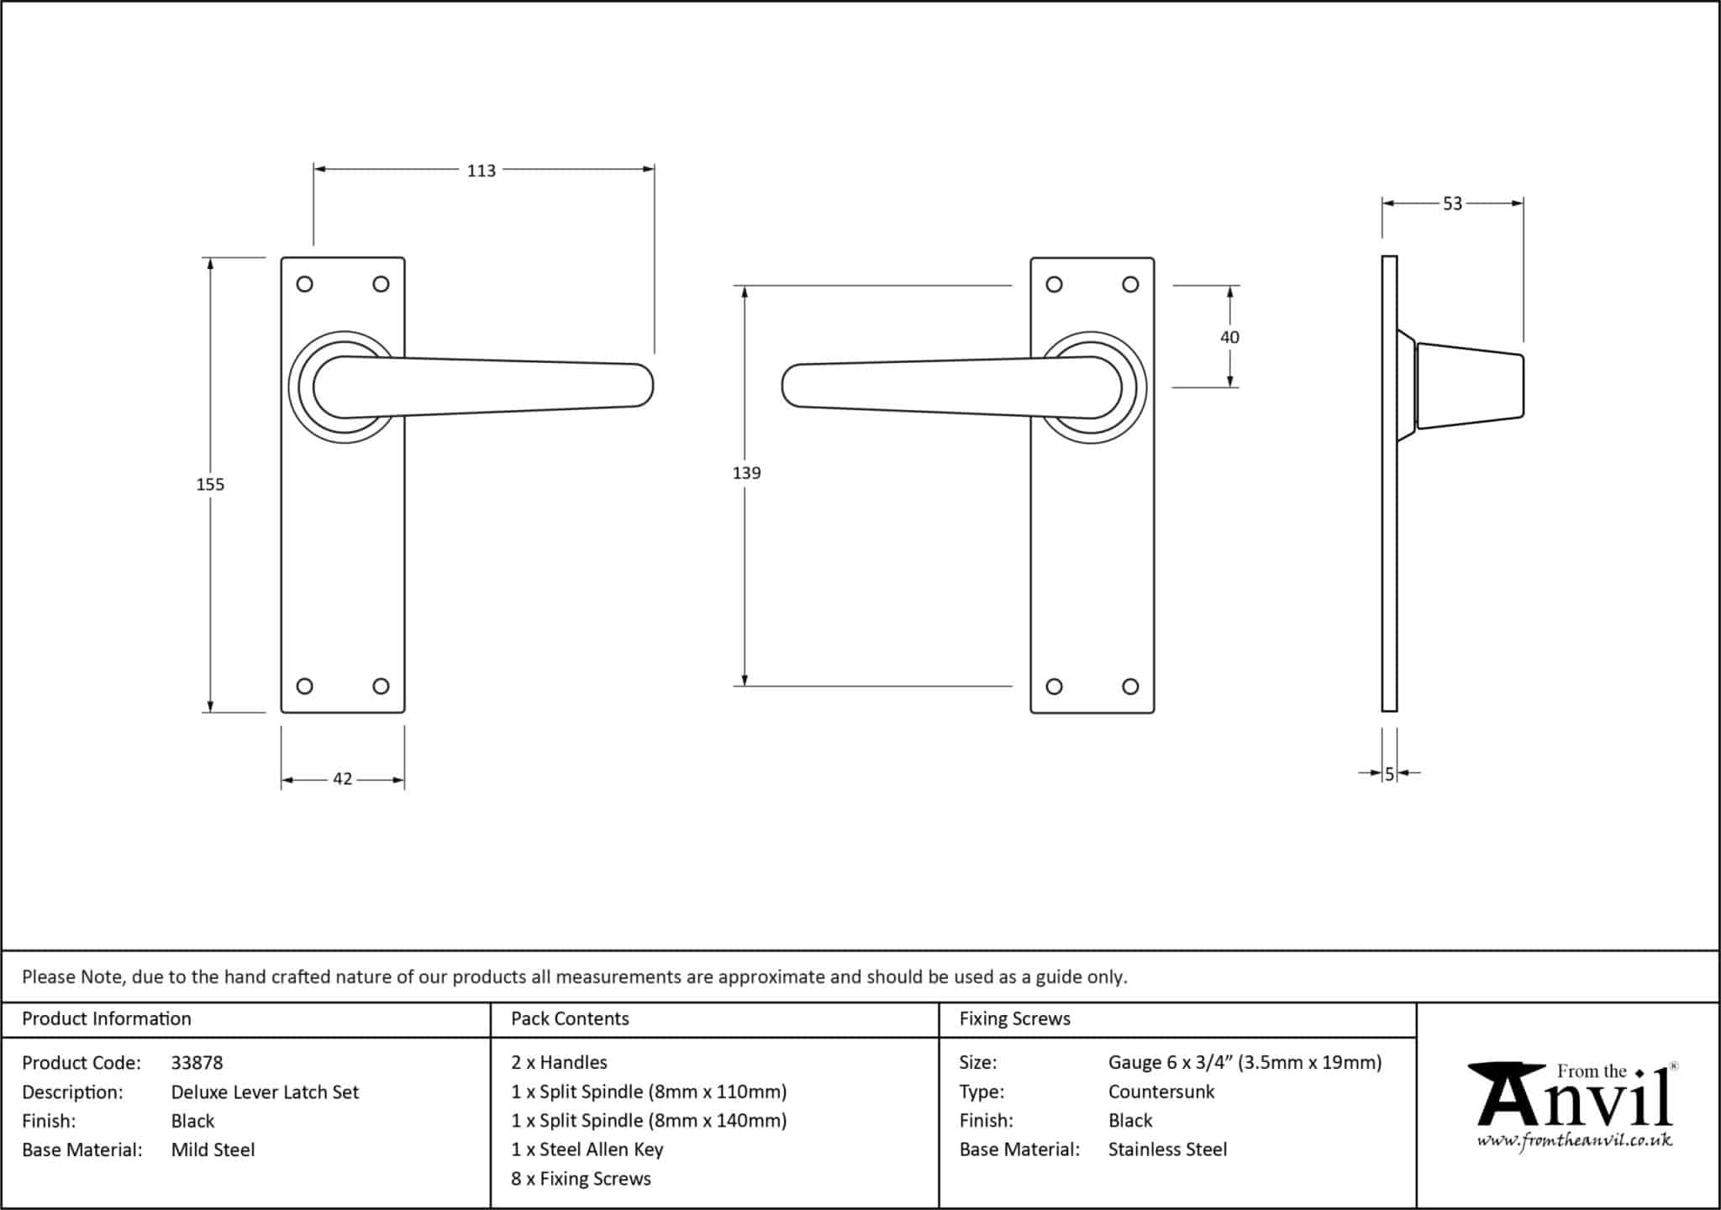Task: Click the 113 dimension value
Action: pos(482,171)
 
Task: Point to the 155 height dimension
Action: pos(210,484)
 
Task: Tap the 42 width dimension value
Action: pos(342,779)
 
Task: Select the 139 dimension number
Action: pos(746,473)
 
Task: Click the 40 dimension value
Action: pos(1229,337)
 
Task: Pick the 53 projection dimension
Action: pos(1452,203)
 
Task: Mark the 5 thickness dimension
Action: pos(1389,774)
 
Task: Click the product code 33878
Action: pos(197,1063)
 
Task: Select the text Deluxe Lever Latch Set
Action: pos(265,1092)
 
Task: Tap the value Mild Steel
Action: pos(213,1149)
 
